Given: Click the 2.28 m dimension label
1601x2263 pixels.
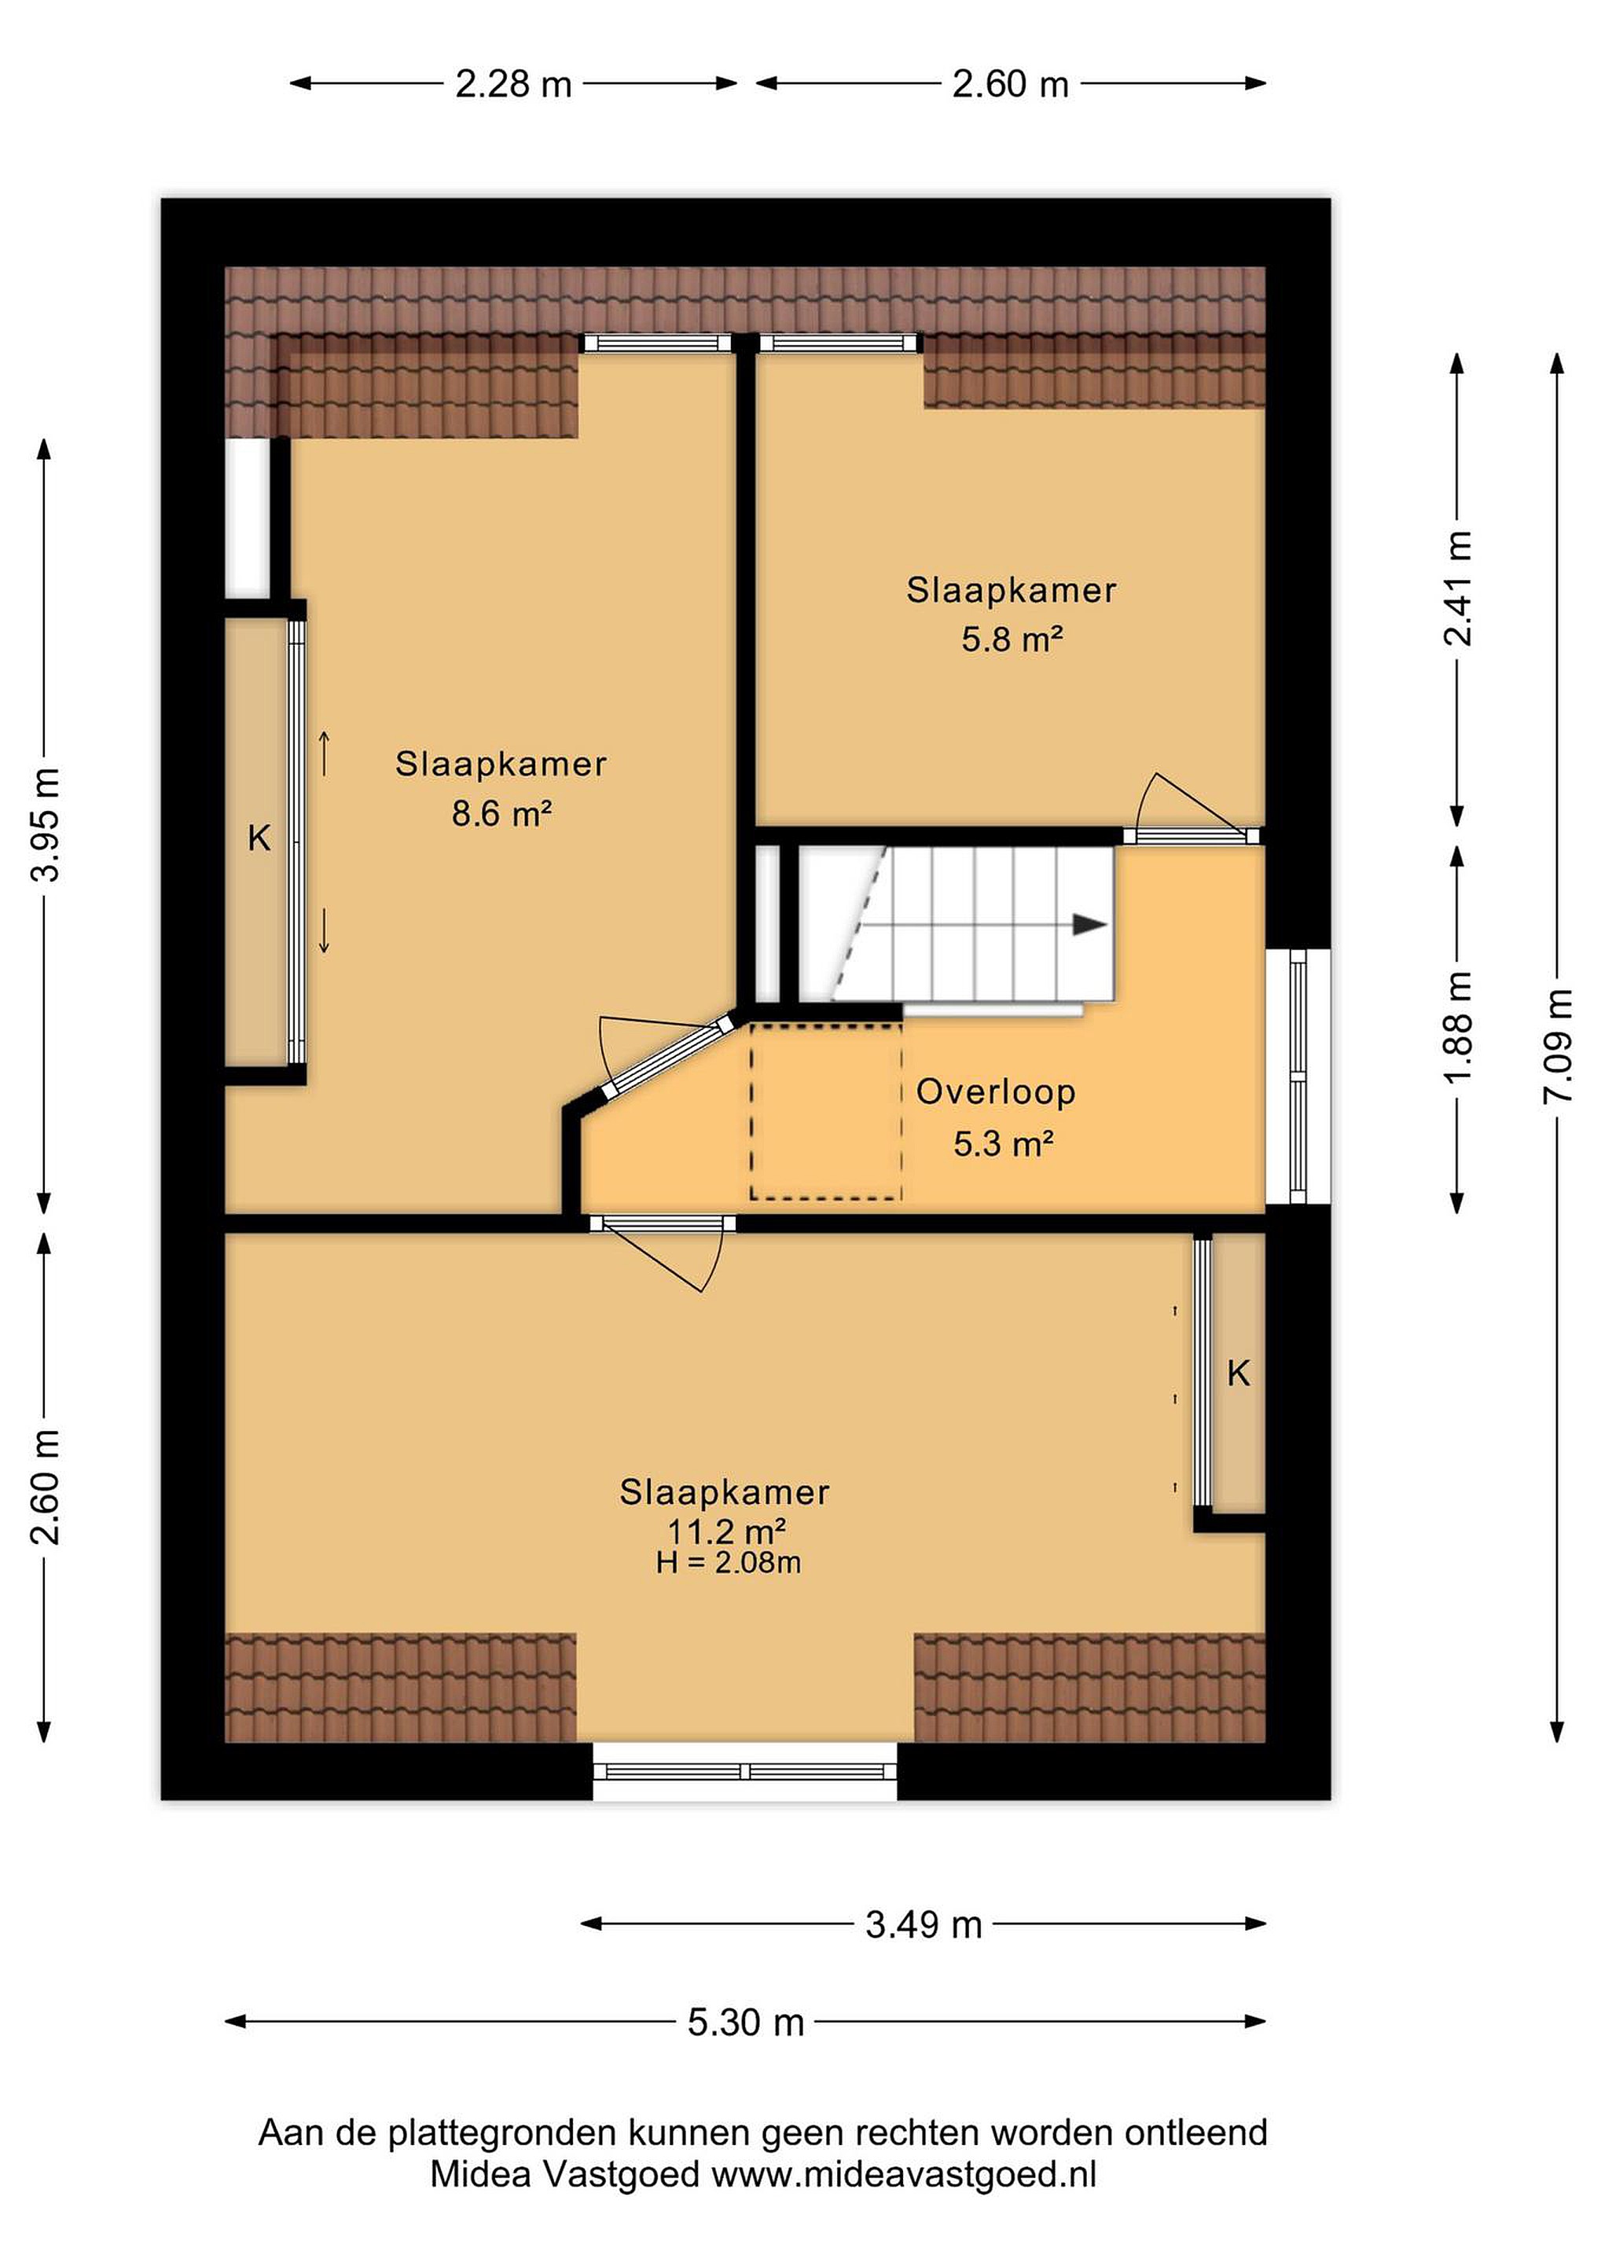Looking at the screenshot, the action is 513,84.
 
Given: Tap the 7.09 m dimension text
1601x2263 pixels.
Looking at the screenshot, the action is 1558,1045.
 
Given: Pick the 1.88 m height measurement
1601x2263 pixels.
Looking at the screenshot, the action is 1458,1026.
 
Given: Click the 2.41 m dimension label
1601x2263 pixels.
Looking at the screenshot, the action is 1458,588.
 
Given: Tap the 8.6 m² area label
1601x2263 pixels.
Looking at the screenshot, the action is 501,814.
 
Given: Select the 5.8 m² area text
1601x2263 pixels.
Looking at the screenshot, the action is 1012,640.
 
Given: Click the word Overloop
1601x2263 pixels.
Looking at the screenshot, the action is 996,1091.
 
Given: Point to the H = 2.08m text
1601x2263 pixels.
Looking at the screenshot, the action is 729,1562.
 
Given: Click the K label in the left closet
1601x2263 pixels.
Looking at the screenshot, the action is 259,838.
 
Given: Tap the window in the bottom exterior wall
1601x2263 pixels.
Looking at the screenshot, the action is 745,1771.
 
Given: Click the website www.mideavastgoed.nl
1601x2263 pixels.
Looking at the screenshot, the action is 903,2201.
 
